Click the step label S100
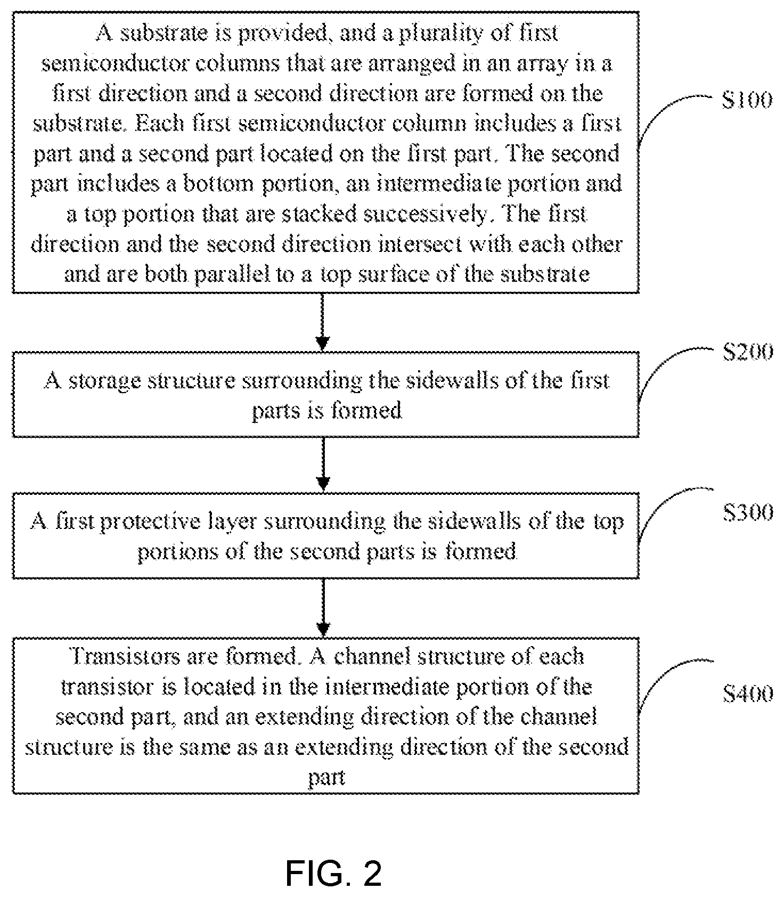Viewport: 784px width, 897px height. tap(747, 100)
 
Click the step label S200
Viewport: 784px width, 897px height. tap(747, 352)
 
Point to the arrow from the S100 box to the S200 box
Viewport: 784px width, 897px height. tap(323, 322)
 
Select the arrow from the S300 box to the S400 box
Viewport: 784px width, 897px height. tap(323, 608)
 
